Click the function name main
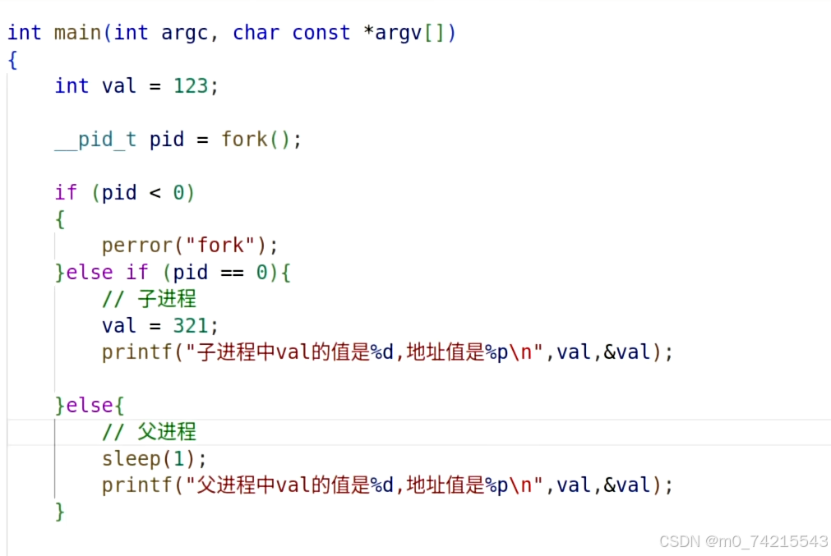[77, 33]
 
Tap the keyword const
[321, 33]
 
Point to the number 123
[190, 86]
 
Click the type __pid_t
[95, 140]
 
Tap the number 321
[190, 325]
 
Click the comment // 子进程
[149, 299]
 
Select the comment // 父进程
[149, 432]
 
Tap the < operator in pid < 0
[155, 193]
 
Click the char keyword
[256, 33]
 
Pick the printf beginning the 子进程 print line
[136, 352]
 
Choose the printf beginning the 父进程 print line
[136, 485]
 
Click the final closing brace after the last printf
[59, 512]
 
